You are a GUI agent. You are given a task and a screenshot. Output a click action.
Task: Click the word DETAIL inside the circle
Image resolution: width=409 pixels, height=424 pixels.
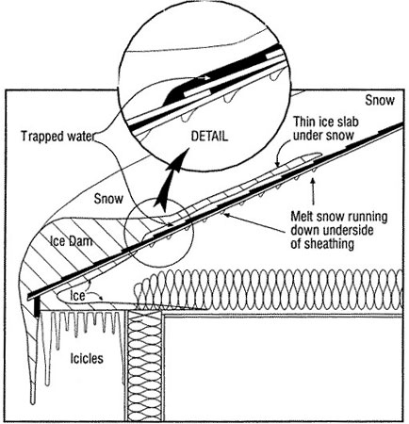click(209, 137)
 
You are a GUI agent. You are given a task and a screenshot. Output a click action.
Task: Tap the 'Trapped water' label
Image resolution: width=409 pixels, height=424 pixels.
click(57, 137)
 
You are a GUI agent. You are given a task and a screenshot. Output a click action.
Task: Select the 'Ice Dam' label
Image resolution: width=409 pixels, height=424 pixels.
click(72, 241)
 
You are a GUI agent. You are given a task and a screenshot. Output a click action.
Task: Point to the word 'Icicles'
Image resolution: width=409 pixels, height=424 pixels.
click(87, 358)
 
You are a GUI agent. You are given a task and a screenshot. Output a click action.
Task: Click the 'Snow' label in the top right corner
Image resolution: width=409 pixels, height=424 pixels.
click(380, 101)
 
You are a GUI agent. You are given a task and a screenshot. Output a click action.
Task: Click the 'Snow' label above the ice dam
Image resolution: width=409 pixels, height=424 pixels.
click(108, 199)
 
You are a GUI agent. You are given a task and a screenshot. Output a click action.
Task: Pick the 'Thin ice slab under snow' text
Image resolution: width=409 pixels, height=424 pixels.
click(326, 128)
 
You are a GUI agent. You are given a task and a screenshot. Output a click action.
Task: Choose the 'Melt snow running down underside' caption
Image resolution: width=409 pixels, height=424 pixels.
click(338, 223)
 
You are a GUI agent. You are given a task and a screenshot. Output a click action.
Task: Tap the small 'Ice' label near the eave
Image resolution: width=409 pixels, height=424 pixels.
click(77, 296)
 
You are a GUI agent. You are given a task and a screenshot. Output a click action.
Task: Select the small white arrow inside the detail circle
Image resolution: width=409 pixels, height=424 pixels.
click(204, 77)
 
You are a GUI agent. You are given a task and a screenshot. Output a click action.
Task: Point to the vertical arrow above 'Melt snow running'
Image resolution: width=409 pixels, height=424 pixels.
click(313, 191)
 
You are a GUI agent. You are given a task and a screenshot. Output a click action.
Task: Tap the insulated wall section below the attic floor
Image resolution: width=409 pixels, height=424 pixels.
click(145, 366)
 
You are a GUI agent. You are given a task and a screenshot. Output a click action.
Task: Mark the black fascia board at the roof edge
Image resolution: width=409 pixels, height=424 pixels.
click(38, 307)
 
